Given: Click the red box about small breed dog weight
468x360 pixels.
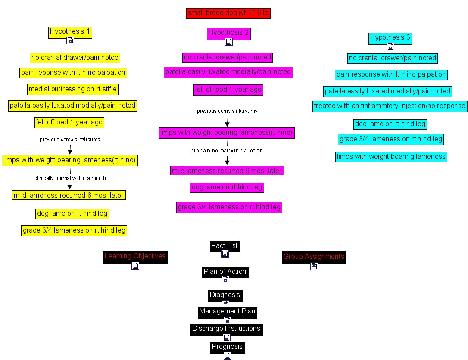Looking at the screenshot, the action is [x=228, y=13].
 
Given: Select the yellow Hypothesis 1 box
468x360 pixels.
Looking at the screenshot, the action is [x=70, y=31].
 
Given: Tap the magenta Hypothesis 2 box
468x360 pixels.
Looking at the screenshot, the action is [x=229, y=33].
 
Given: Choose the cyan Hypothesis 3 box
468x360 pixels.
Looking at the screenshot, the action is [x=390, y=37].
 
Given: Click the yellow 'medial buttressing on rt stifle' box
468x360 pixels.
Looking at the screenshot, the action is [x=72, y=89].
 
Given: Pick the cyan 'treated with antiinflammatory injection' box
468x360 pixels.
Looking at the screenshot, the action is [x=390, y=106].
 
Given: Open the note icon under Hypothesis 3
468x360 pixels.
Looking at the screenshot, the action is [x=390, y=47].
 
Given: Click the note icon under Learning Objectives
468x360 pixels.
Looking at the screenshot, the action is [x=135, y=266].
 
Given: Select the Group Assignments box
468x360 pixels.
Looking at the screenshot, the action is [x=314, y=257].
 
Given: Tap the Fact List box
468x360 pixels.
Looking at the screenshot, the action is [x=225, y=245].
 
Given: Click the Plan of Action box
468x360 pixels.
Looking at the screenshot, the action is [x=225, y=271].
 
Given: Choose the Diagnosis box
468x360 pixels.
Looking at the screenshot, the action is [x=225, y=295].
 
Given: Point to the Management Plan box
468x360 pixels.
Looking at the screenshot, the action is [x=227, y=311].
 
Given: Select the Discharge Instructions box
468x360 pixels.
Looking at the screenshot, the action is [x=226, y=328].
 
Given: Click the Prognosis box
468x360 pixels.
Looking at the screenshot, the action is [x=227, y=346].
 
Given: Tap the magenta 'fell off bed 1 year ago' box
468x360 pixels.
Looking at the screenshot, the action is [x=228, y=90].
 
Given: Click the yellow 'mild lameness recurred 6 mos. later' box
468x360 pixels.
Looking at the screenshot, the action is [x=69, y=195].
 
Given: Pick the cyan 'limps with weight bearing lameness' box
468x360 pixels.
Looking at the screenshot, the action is [x=391, y=157].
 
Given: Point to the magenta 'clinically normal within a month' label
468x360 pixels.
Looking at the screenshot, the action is [x=227, y=151].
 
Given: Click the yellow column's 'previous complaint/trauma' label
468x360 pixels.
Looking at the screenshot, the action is [x=70, y=139].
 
